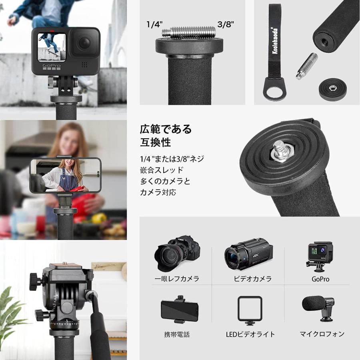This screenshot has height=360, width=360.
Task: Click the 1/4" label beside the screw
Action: click(x=154, y=24)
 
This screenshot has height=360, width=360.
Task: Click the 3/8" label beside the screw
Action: click(x=226, y=24)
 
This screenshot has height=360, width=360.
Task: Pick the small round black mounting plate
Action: click(x=333, y=89)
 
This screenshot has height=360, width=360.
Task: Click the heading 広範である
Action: click(x=166, y=129)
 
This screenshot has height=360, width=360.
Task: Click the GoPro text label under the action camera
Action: click(x=320, y=279)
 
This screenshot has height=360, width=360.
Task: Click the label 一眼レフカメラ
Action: click(x=177, y=279)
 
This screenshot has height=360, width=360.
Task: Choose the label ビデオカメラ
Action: click(x=253, y=279)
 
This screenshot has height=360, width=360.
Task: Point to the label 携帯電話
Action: click(x=177, y=334)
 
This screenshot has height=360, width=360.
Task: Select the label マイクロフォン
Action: click(x=322, y=334)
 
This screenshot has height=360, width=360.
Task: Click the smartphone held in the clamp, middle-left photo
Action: click(x=66, y=175)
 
